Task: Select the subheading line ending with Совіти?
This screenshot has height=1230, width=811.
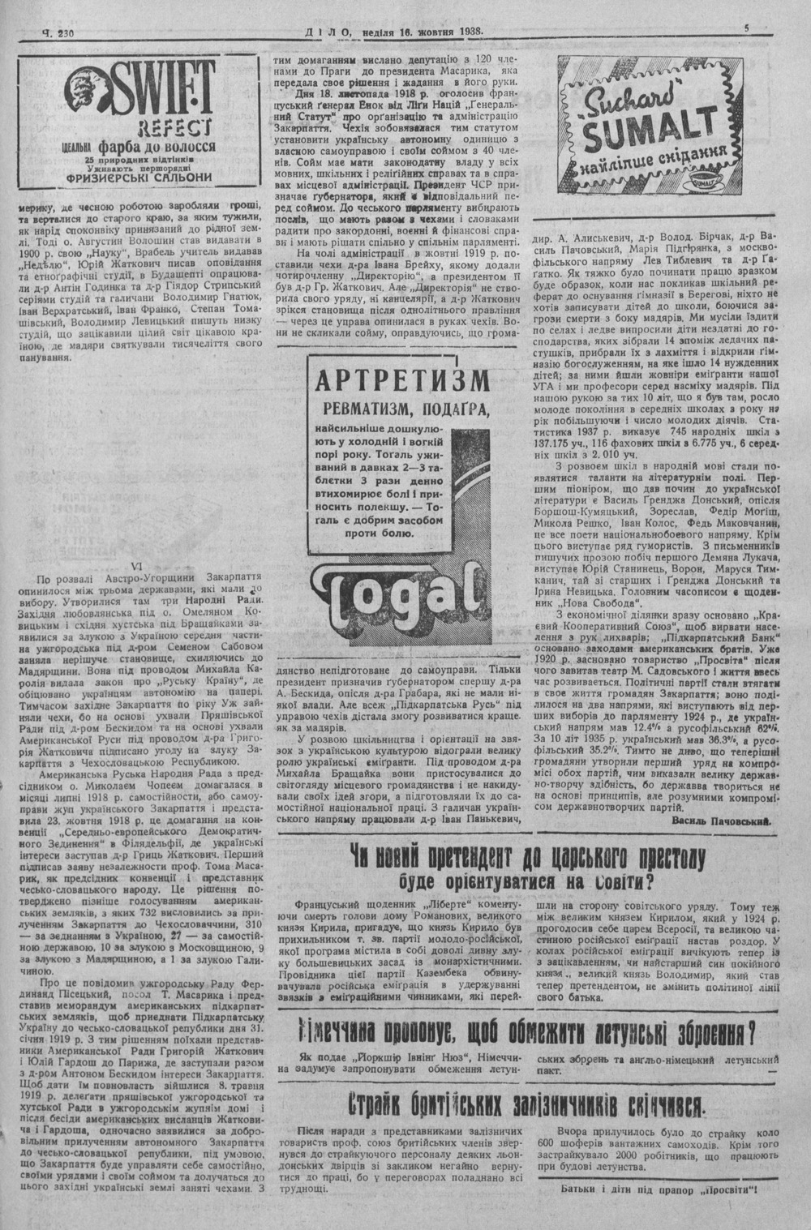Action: point(526,881)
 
